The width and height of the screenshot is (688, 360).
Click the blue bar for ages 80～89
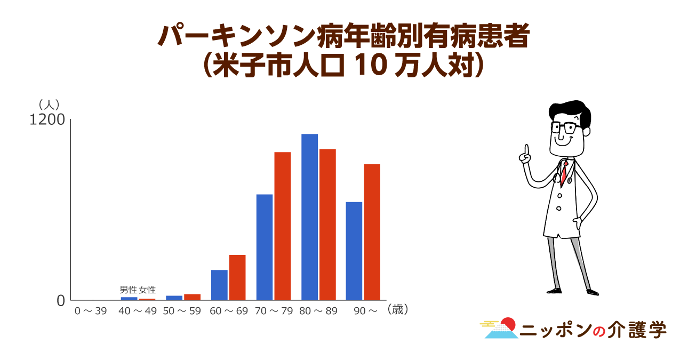tap(309, 217)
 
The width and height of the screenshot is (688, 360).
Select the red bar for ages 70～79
tap(283, 226)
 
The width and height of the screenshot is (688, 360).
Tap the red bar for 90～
tap(372, 232)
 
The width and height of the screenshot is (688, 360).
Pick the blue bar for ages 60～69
tap(219, 285)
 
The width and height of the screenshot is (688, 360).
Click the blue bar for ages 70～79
tap(265, 247)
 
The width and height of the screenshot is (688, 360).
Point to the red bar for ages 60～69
tap(237, 277)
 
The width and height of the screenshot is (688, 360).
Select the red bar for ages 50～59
tap(193, 297)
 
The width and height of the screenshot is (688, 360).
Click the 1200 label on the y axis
tap(47, 120)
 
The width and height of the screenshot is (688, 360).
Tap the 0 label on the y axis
tap(61, 301)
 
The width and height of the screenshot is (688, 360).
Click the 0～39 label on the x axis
tap(91, 311)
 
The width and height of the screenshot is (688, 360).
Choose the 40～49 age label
tap(138, 311)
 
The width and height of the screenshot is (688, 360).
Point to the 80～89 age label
tap(318, 311)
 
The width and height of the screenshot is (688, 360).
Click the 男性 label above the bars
tap(128, 290)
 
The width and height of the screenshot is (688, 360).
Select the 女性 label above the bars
tap(147, 290)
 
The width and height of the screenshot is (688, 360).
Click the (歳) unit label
tap(398, 309)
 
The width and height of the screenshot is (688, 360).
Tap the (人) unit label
tap(49, 105)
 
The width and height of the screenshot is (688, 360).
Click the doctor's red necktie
tap(564, 173)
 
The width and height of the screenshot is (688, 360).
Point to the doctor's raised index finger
tap(527, 150)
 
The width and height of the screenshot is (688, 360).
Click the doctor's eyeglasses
tap(566, 127)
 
